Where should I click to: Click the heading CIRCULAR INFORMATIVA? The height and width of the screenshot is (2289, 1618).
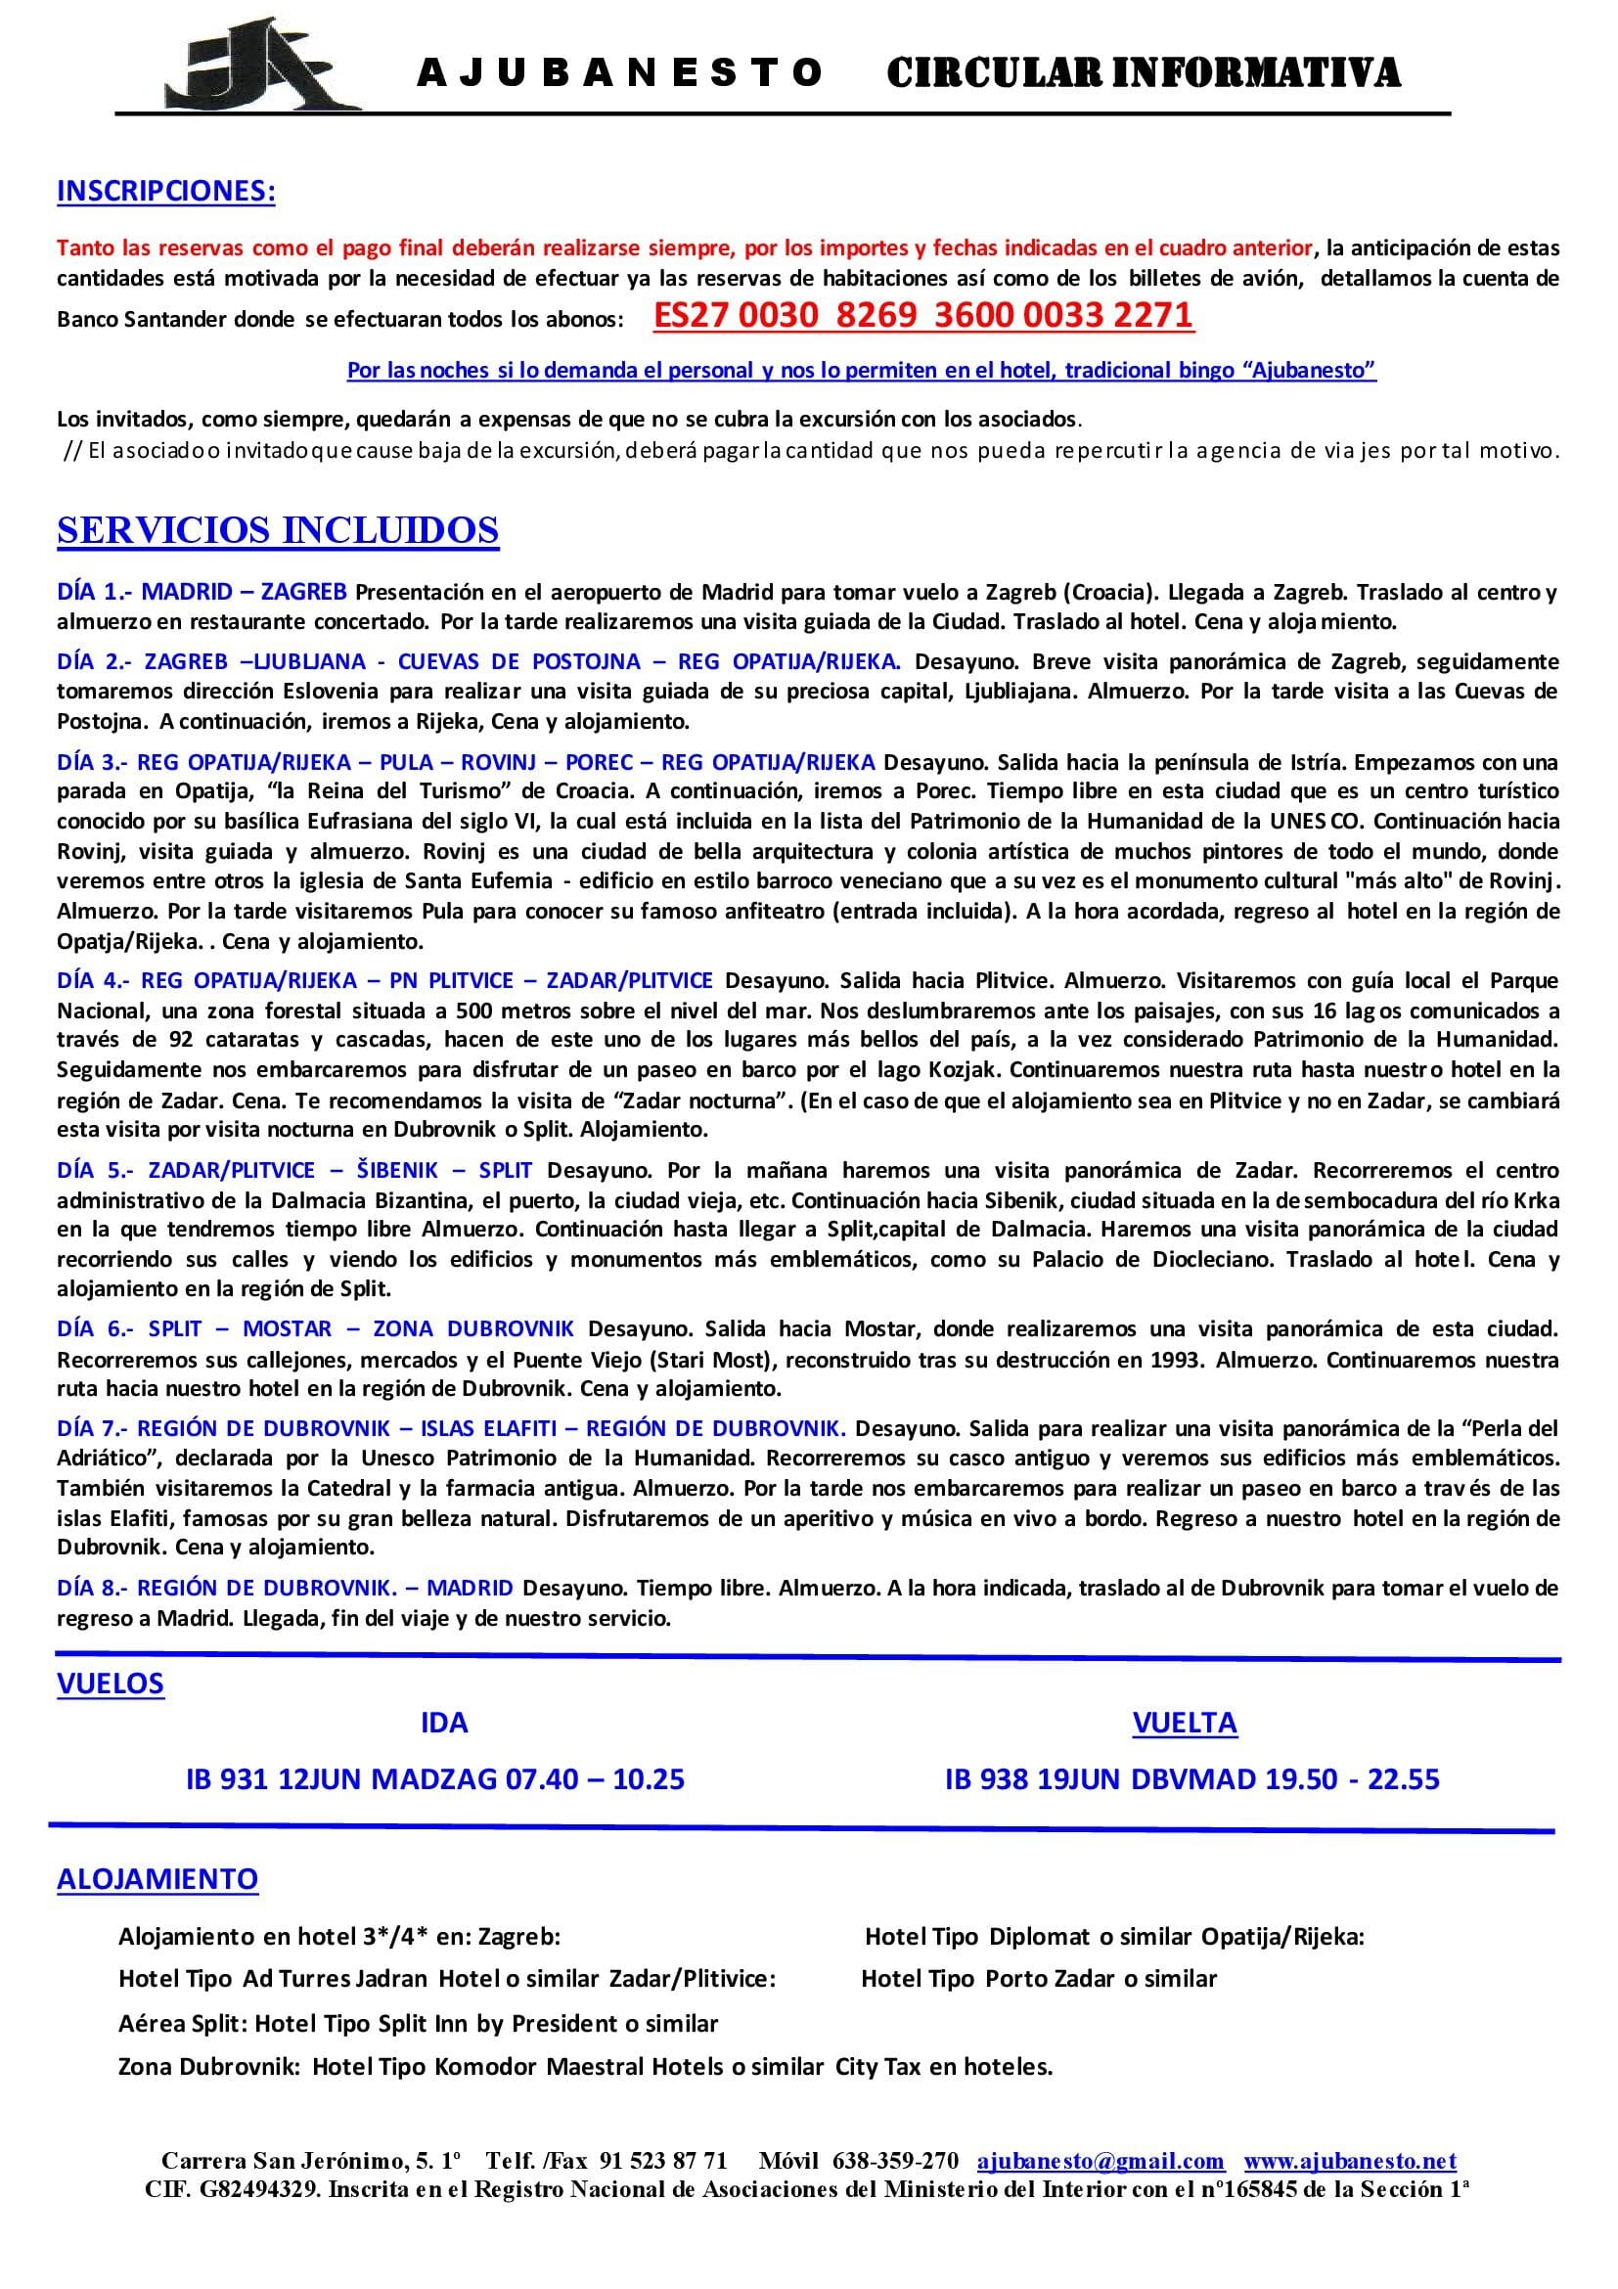click(1144, 72)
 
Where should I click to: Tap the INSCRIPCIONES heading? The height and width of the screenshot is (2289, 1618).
click(166, 191)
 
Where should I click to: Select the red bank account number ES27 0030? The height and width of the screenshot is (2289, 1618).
click(922, 316)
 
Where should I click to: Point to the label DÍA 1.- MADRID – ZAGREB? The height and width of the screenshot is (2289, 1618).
click(202, 592)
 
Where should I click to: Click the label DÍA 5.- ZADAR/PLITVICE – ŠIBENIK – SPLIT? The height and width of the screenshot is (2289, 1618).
click(295, 1169)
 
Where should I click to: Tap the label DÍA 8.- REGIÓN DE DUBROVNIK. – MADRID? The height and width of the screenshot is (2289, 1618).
click(285, 1588)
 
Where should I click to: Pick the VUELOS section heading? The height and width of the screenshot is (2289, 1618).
click(111, 1683)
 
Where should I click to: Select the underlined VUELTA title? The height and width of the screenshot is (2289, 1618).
click(1185, 1722)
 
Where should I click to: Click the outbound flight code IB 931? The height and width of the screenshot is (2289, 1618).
click(227, 1778)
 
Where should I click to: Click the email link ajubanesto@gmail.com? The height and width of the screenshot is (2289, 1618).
click(1101, 2161)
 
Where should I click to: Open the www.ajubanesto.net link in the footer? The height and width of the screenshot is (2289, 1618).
click(1350, 2161)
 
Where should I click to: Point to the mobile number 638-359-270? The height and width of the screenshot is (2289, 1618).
click(895, 2161)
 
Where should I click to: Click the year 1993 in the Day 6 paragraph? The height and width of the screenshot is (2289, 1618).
click(1175, 1359)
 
